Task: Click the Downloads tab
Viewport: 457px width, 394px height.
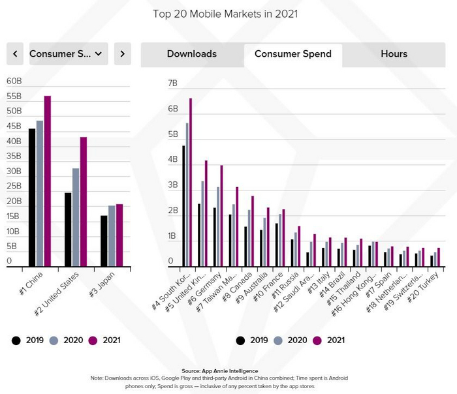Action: click(x=192, y=54)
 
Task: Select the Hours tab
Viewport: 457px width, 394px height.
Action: click(x=394, y=54)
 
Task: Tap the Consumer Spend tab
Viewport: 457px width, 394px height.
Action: click(x=293, y=54)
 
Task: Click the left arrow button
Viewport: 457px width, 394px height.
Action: click(x=15, y=54)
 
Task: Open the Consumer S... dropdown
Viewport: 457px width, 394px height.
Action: click(x=69, y=54)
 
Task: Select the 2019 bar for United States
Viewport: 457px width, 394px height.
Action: click(x=68, y=229)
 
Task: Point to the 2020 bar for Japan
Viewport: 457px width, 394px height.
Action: click(x=112, y=235)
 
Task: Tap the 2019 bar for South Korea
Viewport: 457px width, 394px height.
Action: click(x=183, y=205)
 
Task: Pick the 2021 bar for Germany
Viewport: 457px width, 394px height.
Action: click(x=221, y=215)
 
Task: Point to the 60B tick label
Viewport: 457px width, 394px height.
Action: click(x=14, y=81)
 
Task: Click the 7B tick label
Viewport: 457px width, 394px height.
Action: click(x=172, y=83)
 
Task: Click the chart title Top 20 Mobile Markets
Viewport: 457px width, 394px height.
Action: click(x=228, y=13)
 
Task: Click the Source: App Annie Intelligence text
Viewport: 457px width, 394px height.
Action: click(x=228, y=371)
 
